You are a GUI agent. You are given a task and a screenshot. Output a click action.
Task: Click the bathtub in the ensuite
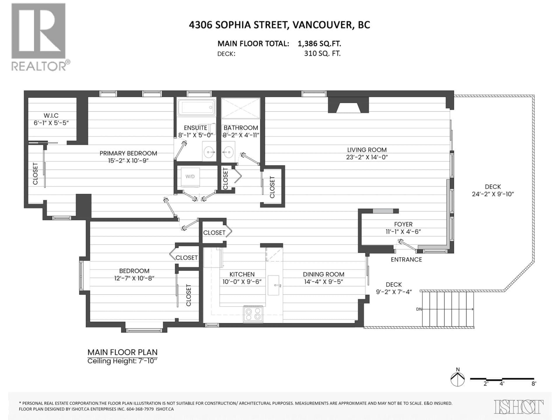point(196,107)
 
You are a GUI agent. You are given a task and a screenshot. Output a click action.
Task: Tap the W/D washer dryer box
point(190,177)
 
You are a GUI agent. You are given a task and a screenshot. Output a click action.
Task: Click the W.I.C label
point(51,116)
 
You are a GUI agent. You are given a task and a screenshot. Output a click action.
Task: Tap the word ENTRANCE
point(406,259)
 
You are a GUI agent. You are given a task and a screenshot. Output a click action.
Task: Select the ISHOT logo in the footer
point(518,407)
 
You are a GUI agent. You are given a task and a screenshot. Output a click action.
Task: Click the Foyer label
point(403,224)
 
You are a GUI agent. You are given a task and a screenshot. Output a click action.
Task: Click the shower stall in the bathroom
point(240,108)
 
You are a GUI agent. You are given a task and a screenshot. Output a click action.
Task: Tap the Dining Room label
point(324,274)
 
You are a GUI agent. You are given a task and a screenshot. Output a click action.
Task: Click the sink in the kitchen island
point(273,285)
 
